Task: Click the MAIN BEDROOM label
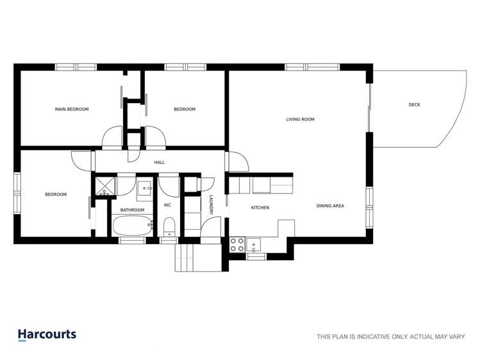(72, 110)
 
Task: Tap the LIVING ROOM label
(300, 119)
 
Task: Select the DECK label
(415, 104)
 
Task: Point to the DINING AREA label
(330, 206)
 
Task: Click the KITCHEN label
(260, 208)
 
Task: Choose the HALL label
(160, 163)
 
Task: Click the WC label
(167, 205)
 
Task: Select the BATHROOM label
(133, 210)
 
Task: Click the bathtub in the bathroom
(133, 225)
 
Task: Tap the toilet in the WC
(169, 227)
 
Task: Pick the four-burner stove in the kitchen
(237, 244)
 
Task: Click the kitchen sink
(254, 244)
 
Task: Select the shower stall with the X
(103, 186)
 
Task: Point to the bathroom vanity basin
(145, 188)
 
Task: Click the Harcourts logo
(47, 334)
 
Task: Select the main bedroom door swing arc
(112, 137)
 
